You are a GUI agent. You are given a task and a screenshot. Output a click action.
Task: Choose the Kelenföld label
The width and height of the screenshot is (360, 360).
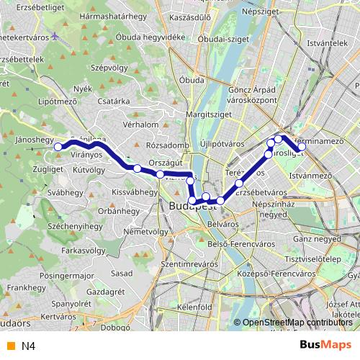(194, 307)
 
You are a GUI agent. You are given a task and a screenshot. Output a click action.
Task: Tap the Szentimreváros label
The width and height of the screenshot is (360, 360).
(189, 264)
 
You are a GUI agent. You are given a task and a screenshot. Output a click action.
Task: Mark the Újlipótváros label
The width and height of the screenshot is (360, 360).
(223, 144)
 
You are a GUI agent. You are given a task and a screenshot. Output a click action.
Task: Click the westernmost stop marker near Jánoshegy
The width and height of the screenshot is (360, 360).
(58, 147)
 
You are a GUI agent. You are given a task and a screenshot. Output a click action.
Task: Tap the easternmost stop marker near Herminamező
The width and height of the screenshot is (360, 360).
(302, 147)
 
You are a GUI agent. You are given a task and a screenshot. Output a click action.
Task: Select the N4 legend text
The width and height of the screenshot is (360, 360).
(28, 346)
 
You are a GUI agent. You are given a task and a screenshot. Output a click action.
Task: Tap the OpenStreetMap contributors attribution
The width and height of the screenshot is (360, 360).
(297, 323)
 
